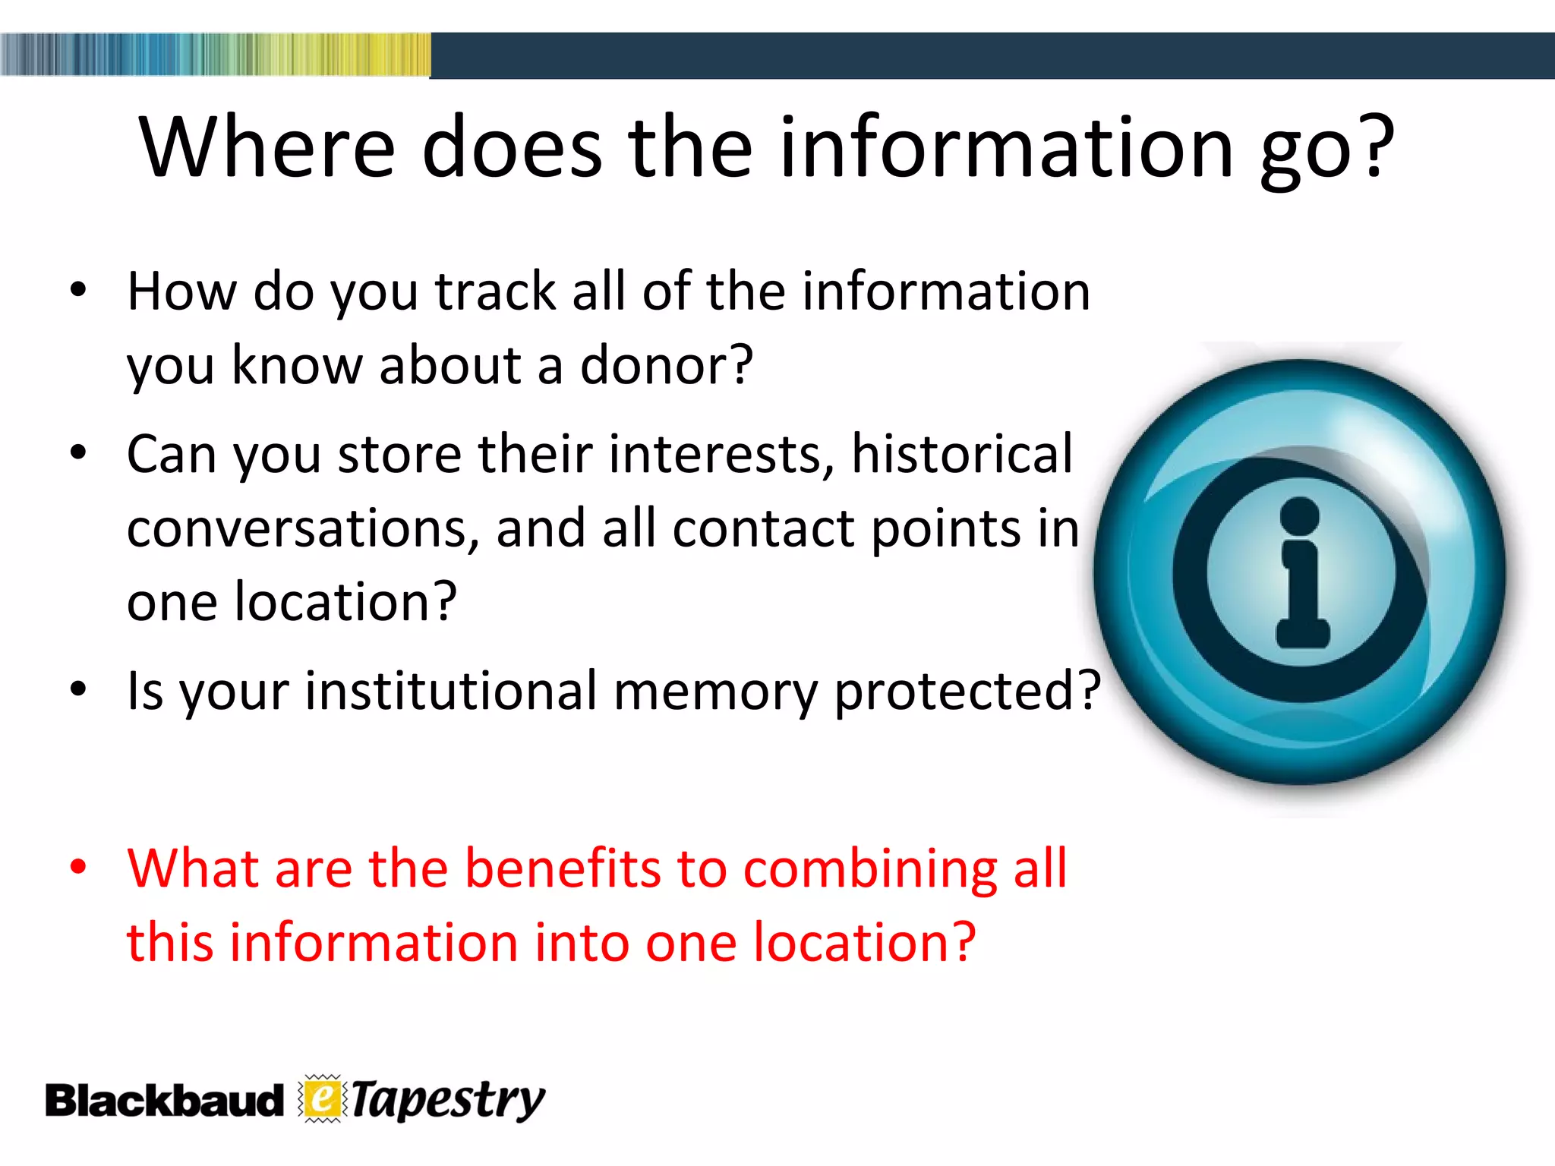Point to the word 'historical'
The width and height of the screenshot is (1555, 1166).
click(962, 454)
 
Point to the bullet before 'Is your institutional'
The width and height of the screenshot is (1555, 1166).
click(78, 689)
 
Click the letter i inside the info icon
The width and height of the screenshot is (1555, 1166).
click(1301, 573)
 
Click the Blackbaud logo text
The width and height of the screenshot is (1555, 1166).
click(163, 1101)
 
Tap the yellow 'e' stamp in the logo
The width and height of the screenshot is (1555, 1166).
click(323, 1098)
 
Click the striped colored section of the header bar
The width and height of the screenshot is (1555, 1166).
click(215, 55)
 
